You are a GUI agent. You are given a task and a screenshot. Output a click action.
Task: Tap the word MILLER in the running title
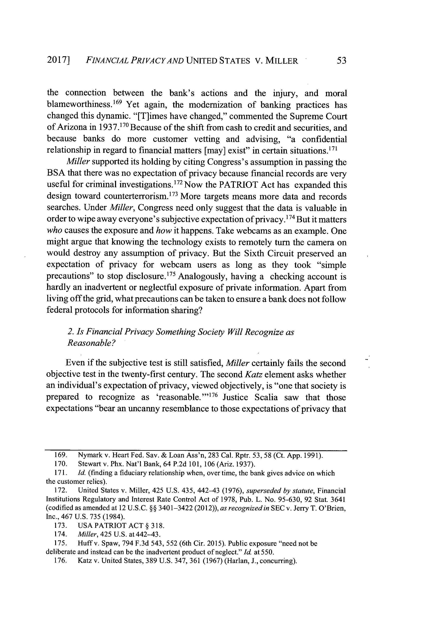[x=281, y=61]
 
